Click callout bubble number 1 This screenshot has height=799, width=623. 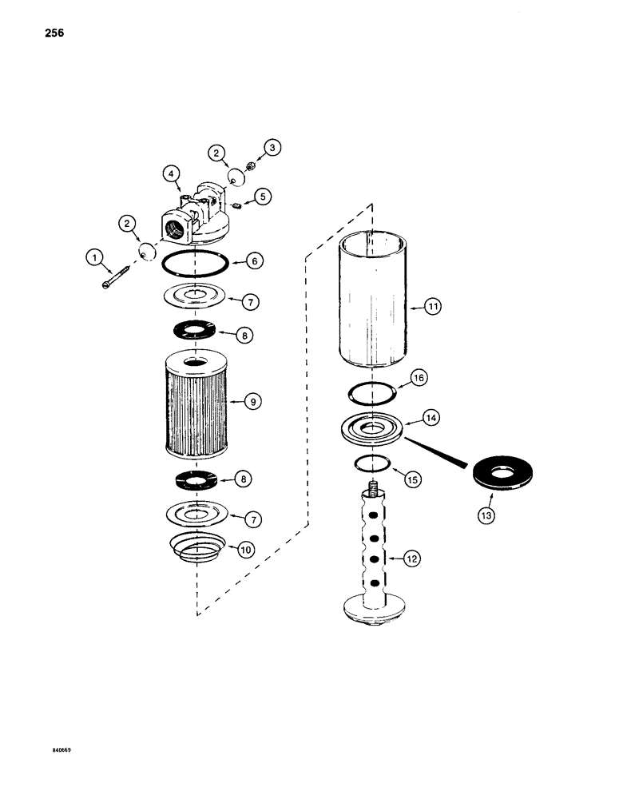tap(96, 257)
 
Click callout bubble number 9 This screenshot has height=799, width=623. tap(252, 403)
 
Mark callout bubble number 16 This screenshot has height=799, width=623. tap(420, 377)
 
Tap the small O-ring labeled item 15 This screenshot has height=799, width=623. tap(373, 463)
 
